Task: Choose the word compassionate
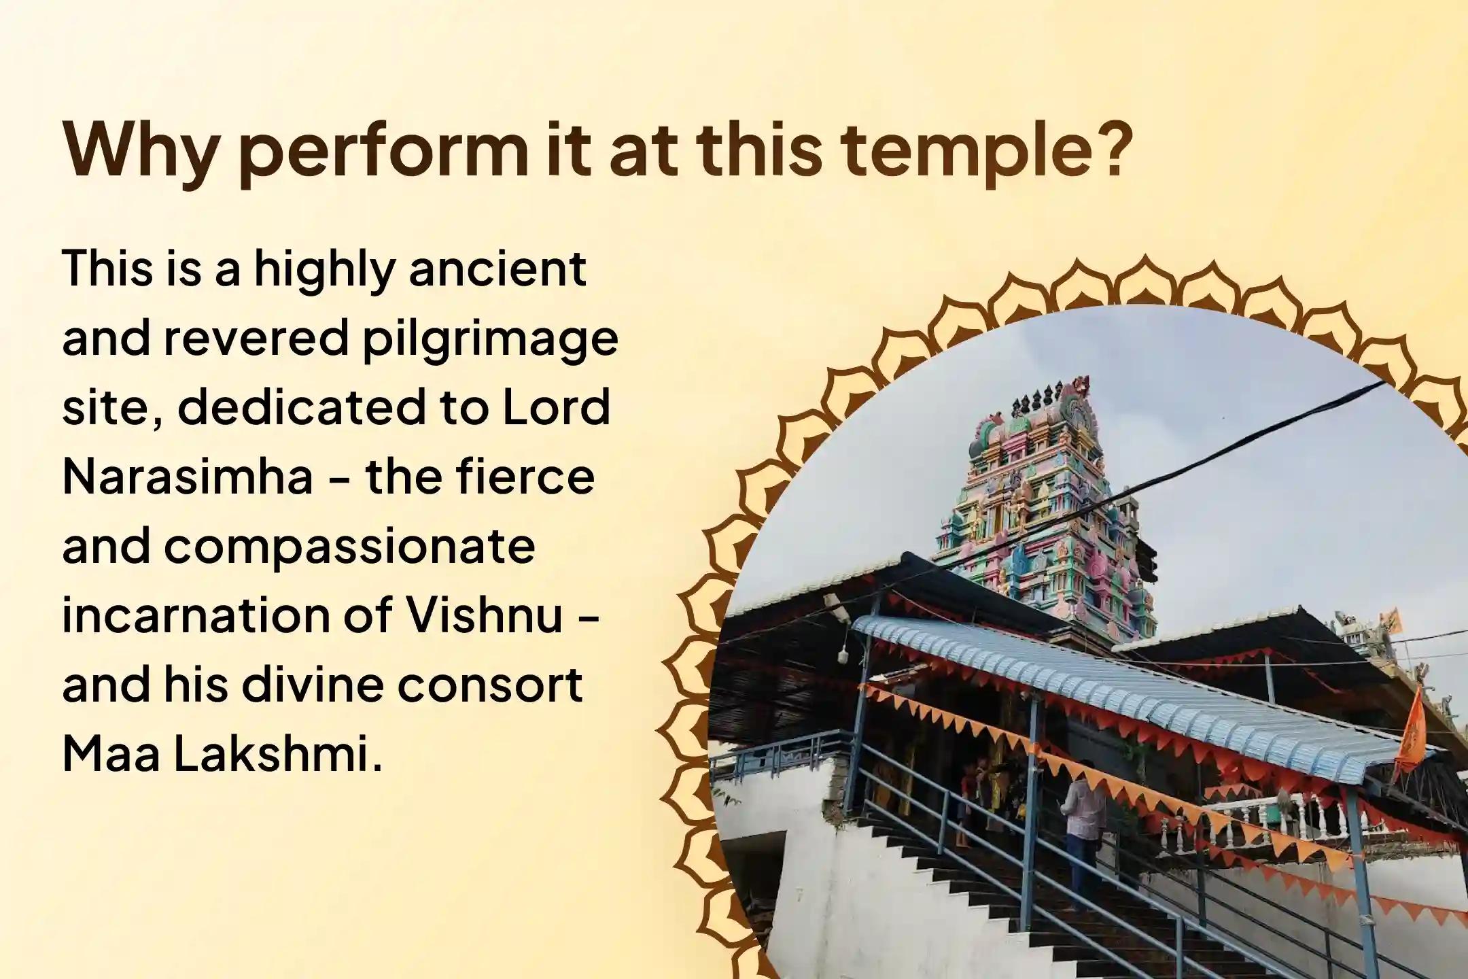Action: point(349,548)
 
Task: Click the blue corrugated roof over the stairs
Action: point(1155,700)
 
